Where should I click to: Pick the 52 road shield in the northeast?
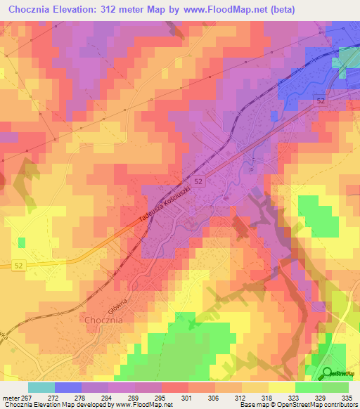pyautogui.click(x=321, y=101)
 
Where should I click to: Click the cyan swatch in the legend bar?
pyautogui.click(x=41, y=387)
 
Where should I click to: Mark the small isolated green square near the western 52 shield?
pyautogui.click(x=21, y=242)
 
